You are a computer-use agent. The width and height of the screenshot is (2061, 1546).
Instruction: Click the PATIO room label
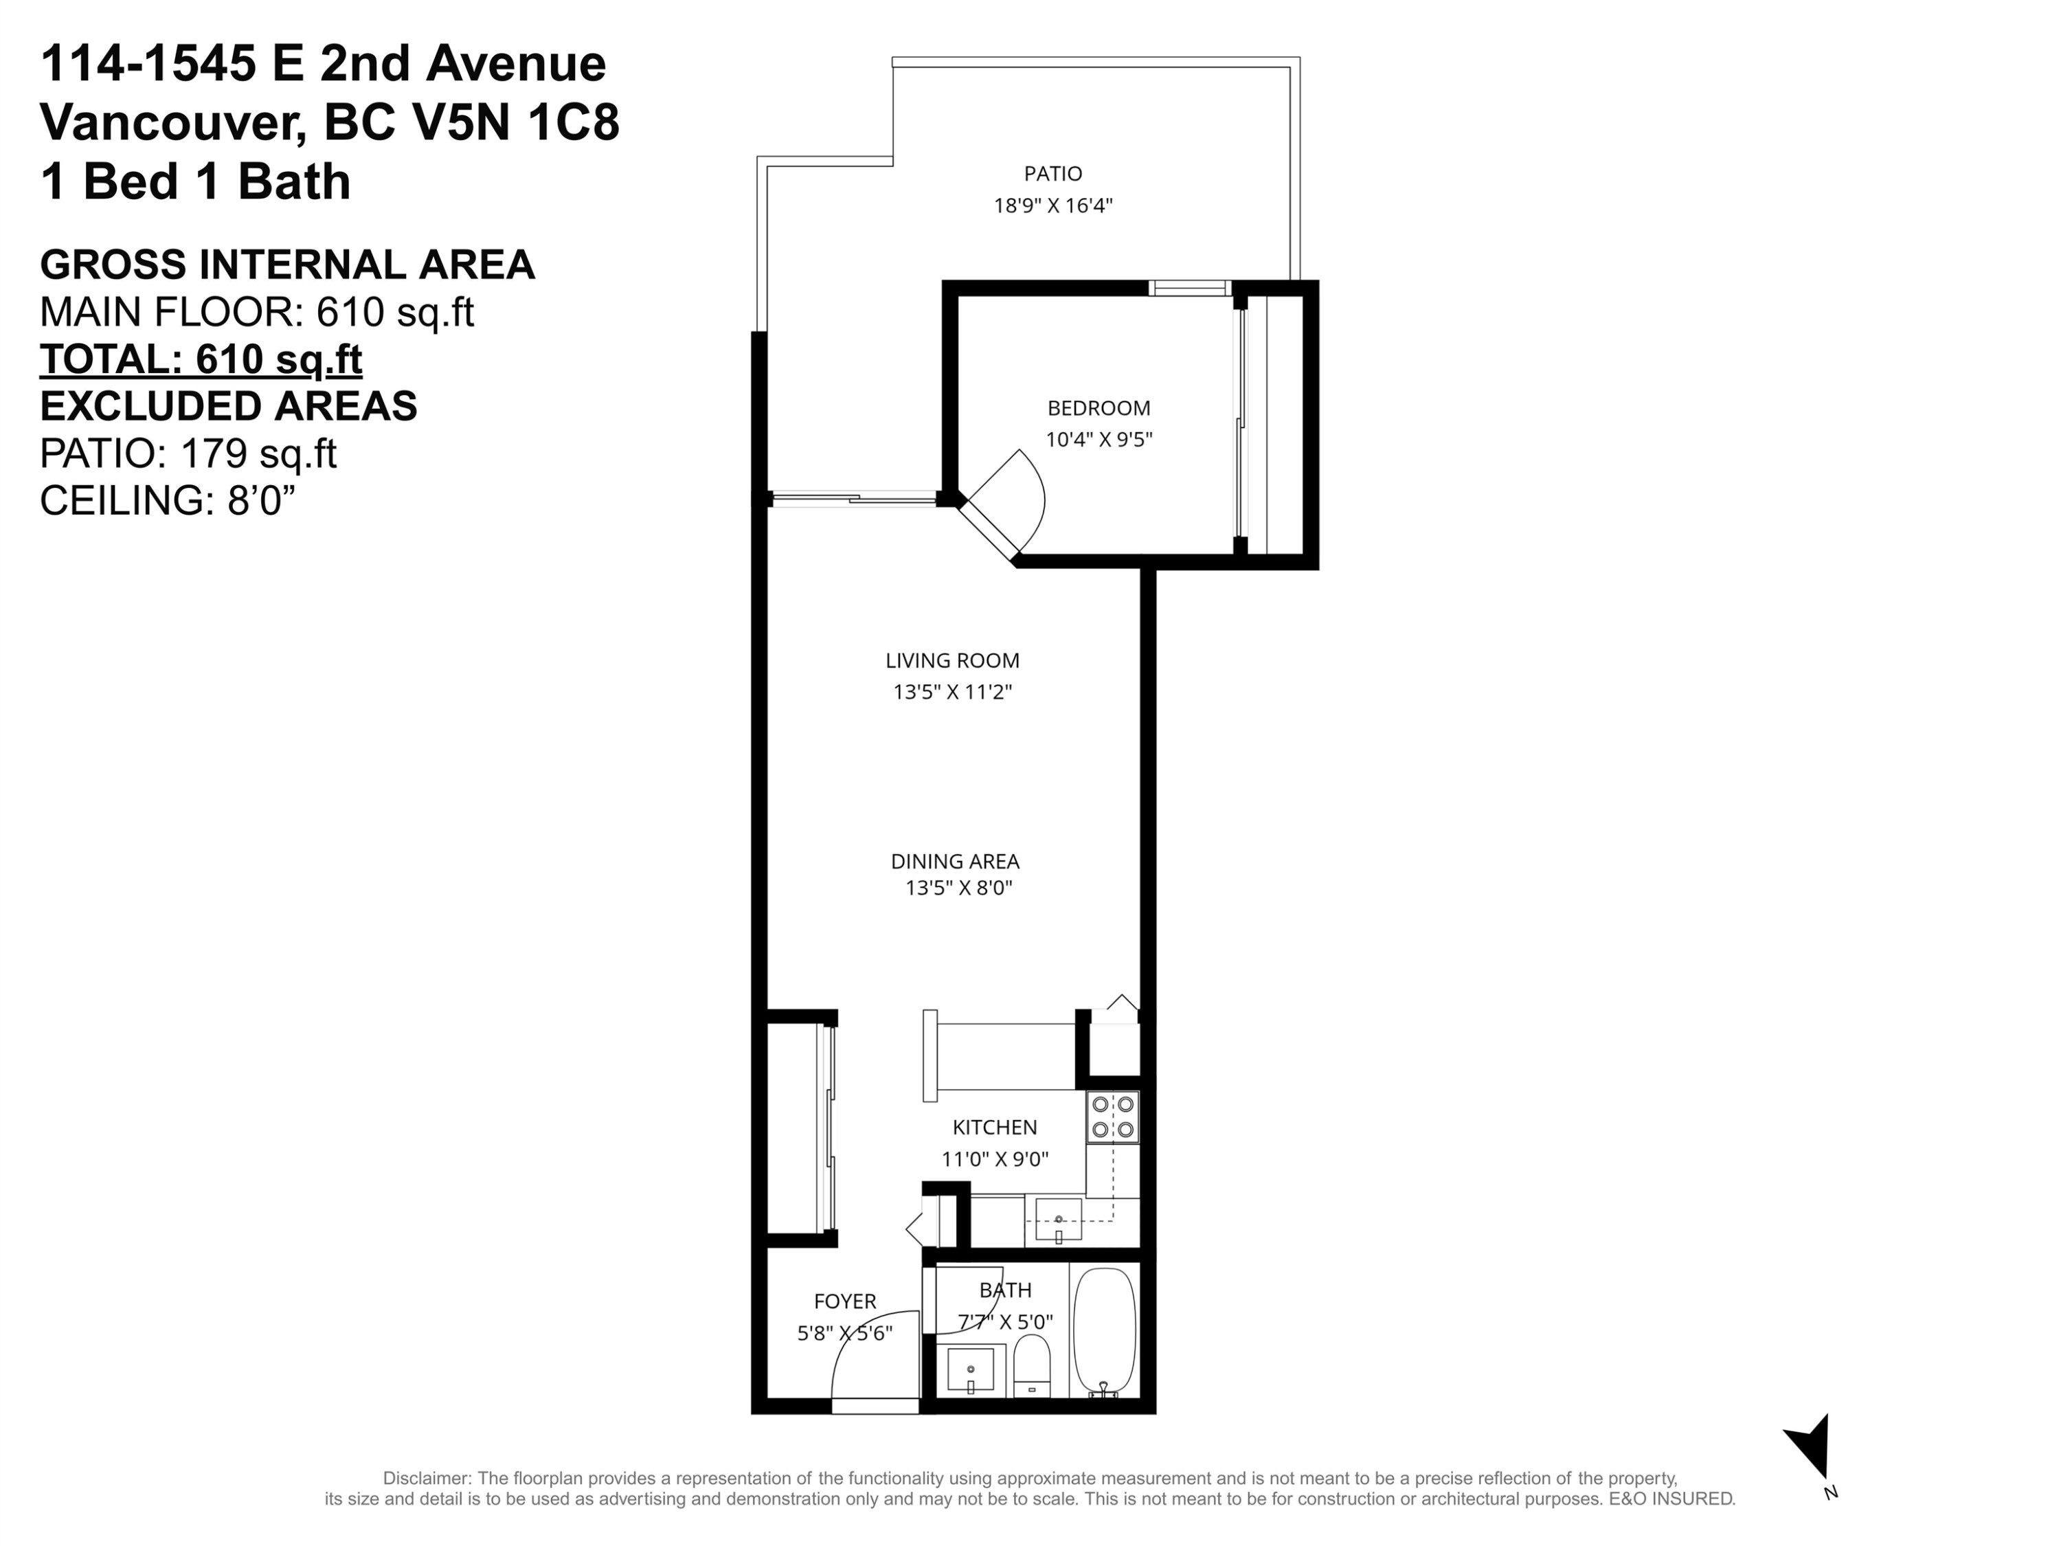tap(1053, 173)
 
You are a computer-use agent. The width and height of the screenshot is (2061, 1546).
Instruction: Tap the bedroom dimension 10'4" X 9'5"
tap(1099, 439)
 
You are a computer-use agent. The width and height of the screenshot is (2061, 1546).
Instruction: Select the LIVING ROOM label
tap(952, 661)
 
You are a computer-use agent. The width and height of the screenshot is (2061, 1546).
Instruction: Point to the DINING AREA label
tap(955, 861)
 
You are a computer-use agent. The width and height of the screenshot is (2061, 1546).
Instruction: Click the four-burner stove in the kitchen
tap(1112, 1117)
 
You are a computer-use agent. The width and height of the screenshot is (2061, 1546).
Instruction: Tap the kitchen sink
tap(1059, 1219)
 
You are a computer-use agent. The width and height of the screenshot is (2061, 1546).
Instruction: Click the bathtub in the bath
tap(1104, 1331)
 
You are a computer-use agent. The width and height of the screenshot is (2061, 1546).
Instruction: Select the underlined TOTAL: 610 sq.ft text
tap(201, 360)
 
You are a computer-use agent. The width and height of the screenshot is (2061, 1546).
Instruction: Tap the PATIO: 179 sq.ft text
tap(188, 453)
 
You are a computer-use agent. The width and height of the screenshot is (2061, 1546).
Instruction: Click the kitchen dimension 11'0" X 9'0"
tap(994, 1159)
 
